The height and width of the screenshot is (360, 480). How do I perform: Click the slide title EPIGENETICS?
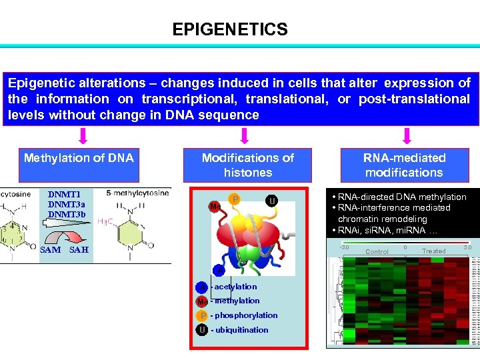pyautogui.click(x=230, y=29)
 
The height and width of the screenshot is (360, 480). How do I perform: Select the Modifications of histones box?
pyautogui.click(x=247, y=165)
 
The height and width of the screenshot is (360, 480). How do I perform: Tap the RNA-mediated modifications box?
pyautogui.click(x=403, y=165)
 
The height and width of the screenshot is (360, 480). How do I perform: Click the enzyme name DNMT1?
pyautogui.click(x=63, y=195)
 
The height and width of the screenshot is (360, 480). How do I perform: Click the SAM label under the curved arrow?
pyautogui.click(x=50, y=250)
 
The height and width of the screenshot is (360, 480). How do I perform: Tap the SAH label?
pyautogui.click(x=79, y=250)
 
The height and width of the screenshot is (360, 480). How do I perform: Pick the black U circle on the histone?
pyautogui.click(x=272, y=201)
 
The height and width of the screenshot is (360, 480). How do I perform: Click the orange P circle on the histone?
pyautogui.click(x=235, y=199)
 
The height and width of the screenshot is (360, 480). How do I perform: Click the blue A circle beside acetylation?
pyautogui.click(x=202, y=287)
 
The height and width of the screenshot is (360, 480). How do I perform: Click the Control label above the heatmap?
pyautogui.click(x=377, y=251)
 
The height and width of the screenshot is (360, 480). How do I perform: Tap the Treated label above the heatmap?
pyautogui.click(x=433, y=251)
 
